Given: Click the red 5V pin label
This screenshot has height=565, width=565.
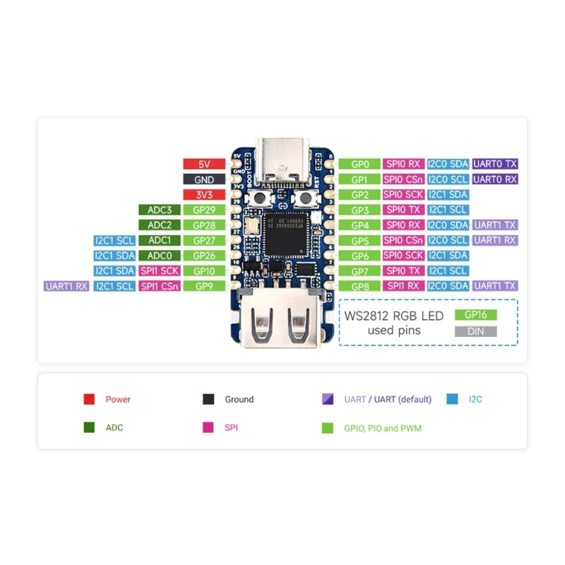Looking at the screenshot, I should [204, 164].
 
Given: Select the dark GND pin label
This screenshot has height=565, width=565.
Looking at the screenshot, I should [204, 179].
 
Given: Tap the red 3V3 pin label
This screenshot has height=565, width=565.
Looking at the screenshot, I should [204, 194].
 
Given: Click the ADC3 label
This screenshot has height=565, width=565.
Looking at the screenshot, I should [160, 210].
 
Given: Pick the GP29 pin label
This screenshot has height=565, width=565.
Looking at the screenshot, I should [204, 210].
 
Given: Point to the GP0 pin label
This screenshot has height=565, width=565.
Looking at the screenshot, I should [360, 164].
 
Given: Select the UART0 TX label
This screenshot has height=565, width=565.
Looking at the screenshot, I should [495, 164].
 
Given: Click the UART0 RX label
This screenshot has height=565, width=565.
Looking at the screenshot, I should [495, 179].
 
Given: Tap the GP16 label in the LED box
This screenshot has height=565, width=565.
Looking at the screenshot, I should [477, 315].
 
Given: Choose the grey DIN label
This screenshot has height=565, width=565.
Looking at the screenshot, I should [477, 331].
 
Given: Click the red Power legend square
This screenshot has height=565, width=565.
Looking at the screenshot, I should [89, 399].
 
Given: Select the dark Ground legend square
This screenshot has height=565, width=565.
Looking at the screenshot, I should [208, 399].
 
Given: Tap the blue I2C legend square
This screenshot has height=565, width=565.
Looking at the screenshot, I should [452, 399].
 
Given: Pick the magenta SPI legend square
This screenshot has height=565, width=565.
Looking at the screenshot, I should [208, 427].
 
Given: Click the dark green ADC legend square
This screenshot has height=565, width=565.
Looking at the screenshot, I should [89, 427].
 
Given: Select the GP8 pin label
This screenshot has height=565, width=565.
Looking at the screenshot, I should [360, 285].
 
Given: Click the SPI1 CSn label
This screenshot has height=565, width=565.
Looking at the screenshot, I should [160, 285].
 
